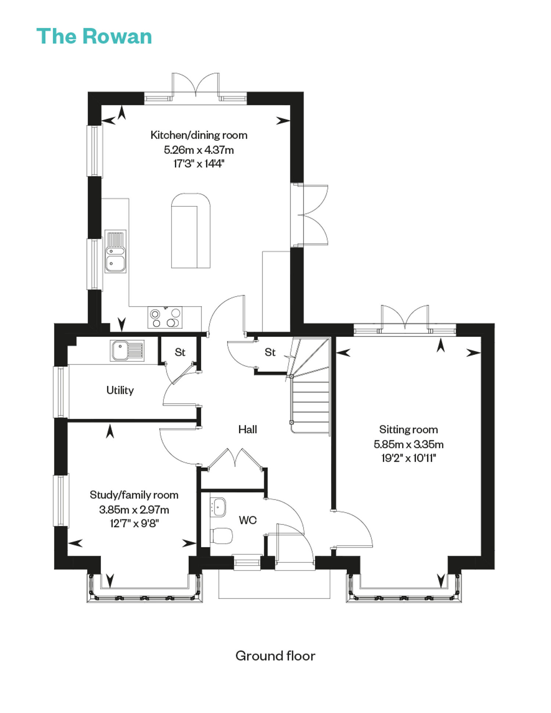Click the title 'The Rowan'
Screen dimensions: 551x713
pos(94,36)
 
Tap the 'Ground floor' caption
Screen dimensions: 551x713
pos(275,656)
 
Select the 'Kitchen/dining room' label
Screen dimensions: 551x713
pos(199,135)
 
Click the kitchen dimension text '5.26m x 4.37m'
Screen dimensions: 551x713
pos(199,150)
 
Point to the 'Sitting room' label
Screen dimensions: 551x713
pos(408,430)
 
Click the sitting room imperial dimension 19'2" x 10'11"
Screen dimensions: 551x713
pos(408,458)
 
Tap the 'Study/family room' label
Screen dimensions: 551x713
pos(134,495)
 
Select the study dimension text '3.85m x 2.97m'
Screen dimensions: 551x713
pos(134,510)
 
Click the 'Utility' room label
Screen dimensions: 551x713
pos(120,390)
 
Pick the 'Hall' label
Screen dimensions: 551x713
pos(248,429)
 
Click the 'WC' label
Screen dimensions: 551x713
pos(248,520)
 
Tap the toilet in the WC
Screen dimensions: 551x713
pos(222,536)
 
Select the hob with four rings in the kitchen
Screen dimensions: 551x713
pos(165,318)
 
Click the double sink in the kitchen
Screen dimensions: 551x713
pos(115,251)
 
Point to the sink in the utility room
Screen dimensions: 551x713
pos(127,350)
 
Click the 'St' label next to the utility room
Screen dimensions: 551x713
pos(180,352)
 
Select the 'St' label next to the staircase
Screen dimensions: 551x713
pos(270,352)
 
